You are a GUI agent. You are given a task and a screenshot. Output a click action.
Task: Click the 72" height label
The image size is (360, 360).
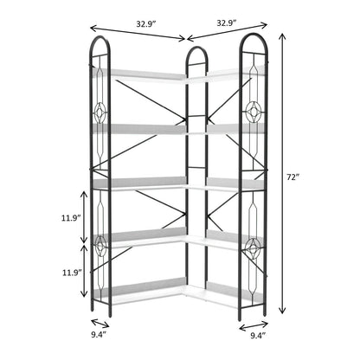point(292,177)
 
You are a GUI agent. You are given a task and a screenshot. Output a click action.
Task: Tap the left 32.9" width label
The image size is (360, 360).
point(146,24)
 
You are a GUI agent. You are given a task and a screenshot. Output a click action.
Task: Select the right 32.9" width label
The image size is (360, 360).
point(227,22)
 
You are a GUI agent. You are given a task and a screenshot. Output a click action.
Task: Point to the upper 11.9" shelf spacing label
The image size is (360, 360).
point(70,218)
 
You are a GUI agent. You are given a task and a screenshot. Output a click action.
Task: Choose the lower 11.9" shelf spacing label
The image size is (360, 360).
point(72,273)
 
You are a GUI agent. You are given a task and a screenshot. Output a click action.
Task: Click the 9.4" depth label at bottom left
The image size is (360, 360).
point(99,335)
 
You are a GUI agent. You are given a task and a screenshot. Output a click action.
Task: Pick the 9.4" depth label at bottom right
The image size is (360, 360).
point(258,336)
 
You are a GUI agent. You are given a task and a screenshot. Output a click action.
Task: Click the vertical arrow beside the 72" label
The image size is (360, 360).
point(282,173)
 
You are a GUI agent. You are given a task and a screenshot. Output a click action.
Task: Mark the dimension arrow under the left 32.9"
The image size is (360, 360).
point(138,33)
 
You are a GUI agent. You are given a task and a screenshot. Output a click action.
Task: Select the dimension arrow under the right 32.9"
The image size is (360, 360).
point(228,32)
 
